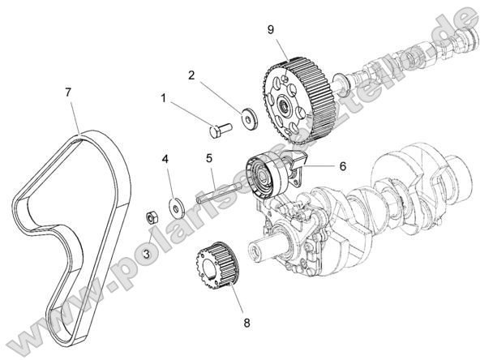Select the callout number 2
click(x=192, y=76)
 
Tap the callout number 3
click(x=146, y=255)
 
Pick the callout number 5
click(x=208, y=158)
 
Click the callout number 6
click(x=342, y=165)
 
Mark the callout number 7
click(x=69, y=92)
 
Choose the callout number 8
click(x=246, y=322)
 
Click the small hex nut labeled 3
click(x=150, y=216)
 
